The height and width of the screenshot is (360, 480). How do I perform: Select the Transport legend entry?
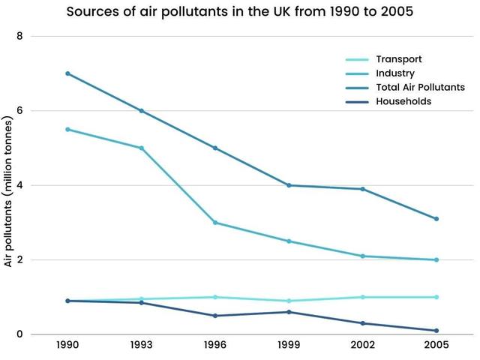pos(398,59)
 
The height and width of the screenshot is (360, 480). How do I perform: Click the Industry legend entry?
pos(395,73)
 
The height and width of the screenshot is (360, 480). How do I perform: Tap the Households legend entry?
pos(403,101)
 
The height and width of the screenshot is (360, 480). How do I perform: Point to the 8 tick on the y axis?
pos(20,36)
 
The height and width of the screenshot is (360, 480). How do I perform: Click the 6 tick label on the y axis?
pos(20,111)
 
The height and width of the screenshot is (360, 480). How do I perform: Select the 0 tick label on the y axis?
pos(20,334)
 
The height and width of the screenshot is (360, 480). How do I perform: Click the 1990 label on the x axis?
pos(67,347)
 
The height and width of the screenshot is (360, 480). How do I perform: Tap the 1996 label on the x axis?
pos(215,347)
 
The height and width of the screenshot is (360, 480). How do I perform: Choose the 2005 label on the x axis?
pos(436,347)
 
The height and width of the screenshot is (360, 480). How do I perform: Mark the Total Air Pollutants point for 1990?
pos(67,73)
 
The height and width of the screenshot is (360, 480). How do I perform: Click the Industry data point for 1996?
pos(215,223)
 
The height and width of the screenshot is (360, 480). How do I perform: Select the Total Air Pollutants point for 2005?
pos(436,219)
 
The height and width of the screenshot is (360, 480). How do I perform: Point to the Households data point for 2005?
pos(436,331)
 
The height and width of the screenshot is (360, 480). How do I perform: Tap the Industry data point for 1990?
pos(67,129)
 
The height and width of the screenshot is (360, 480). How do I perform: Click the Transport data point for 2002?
pos(363,297)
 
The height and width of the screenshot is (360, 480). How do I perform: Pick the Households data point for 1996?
pos(215,316)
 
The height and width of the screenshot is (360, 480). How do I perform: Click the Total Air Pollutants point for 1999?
pos(289,185)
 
